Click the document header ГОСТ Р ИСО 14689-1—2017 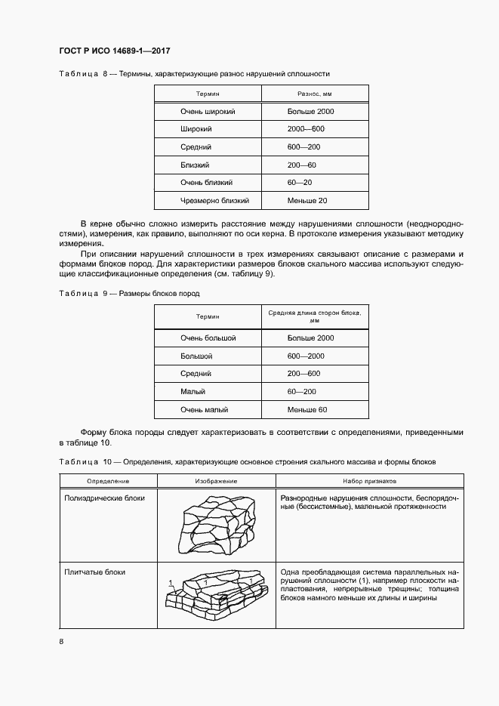(114, 51)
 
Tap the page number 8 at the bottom (61, 642)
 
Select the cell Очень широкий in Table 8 (208, 112)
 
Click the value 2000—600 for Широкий (306, 129)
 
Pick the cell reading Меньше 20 (307, 201)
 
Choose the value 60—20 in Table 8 (300, 183)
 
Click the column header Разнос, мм (315, 94)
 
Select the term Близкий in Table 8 (195, 165)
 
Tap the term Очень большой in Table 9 (208, 338)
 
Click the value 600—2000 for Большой (305, 356)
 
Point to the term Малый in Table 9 (193, 392)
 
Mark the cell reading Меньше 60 (307, 409)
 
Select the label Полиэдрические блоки (105, 498)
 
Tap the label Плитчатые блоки (95, 572)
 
